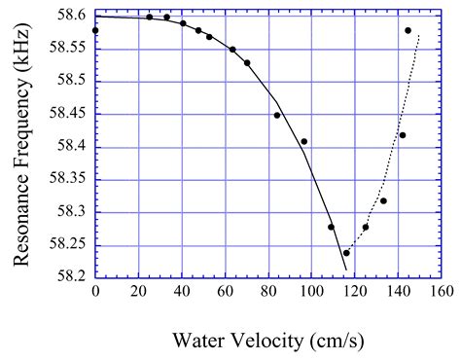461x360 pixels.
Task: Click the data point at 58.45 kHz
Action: (277, 115)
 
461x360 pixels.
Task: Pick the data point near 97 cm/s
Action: (304, 141)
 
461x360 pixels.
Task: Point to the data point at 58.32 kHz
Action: (383, 200)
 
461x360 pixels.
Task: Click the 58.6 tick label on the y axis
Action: (74, 16)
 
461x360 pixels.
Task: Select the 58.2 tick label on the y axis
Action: (74, 277)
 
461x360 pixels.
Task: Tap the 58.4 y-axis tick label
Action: (74, 147)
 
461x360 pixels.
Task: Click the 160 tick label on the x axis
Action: (443, 291)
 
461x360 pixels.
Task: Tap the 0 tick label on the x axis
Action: (95, 291)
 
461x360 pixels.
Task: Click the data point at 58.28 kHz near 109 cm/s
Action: (332, 227)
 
